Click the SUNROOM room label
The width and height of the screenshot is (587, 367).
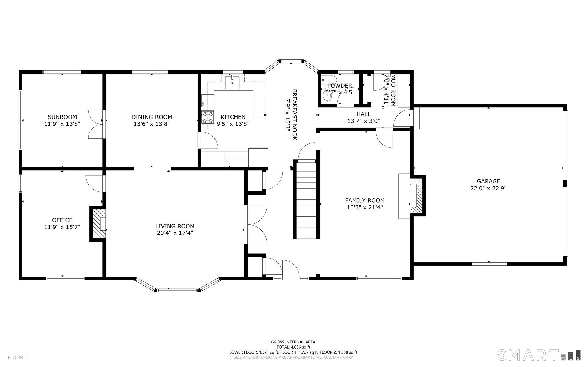click(62, 117)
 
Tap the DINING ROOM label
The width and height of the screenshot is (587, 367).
click(152, 117)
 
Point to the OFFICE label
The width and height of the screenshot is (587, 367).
click(62, 220)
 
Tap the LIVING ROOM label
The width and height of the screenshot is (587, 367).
click(175, 226)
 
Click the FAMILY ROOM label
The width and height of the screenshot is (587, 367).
click(365, 200)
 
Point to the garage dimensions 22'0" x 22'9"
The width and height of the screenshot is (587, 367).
click(488, 188)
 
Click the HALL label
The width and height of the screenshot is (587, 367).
click(364, 114)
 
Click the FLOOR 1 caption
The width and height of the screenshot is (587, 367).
click(17, 358)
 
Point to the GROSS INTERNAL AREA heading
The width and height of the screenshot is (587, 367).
click(293, 342)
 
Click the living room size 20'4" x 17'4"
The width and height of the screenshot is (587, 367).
click(175, 233)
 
